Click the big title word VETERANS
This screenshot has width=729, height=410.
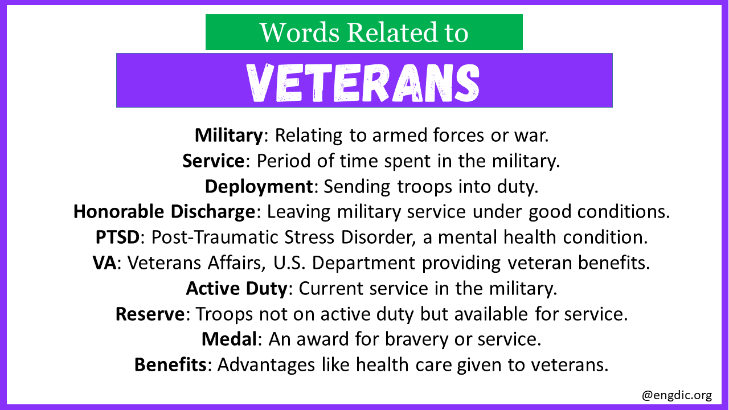(x=363, y=83)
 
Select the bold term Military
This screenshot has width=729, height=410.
(x=229, y=136)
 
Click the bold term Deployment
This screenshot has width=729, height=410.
(x=259, y=187)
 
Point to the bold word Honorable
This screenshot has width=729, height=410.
(x=119, y=211)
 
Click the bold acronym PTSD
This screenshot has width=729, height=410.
(x=117, y=237)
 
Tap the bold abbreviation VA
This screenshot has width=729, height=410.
(x=104, y=263)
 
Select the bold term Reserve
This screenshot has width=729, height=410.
(x=150, y=314)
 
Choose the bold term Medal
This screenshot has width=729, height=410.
(x=230, y=339)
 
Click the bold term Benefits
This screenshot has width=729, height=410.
(x=170, y=364)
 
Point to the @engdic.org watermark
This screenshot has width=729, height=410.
(x=677, y=395)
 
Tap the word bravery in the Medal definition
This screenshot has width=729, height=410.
(x=416, y=340)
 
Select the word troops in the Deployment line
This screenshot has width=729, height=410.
(x=424, y=187)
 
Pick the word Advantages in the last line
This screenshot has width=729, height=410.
(x=266, y=365)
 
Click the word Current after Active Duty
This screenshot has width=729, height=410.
(x=331, y=289)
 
